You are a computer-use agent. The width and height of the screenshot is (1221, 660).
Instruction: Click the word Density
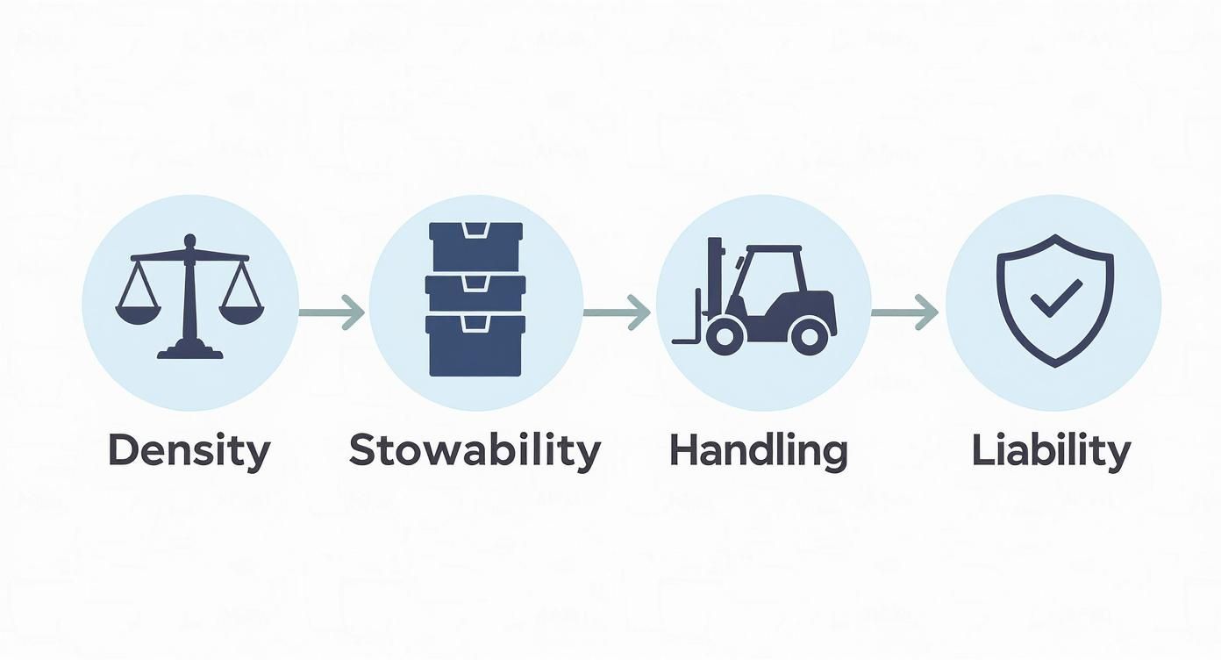189,451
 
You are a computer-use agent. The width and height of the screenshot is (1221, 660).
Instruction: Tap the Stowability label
475,451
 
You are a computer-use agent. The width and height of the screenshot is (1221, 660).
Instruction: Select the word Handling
758,451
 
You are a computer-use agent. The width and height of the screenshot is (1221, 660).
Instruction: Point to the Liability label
1051,451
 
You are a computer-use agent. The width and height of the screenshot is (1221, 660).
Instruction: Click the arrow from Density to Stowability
332,311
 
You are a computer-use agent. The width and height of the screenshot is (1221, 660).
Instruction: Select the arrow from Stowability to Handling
617,311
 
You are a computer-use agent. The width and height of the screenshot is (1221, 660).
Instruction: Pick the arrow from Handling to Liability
904,311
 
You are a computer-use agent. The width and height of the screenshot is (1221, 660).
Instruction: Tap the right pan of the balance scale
241,312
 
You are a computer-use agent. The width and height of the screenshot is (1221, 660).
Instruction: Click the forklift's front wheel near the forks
725,335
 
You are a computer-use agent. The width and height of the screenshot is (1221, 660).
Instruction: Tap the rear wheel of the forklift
809,334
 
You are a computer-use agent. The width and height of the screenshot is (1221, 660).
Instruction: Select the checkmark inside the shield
1055,298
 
